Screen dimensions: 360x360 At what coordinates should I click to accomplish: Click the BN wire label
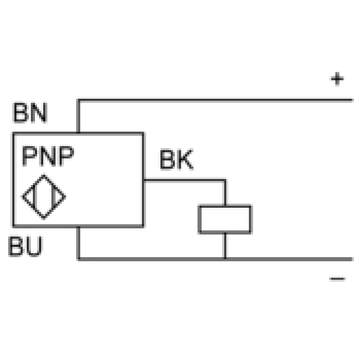pos(30,113)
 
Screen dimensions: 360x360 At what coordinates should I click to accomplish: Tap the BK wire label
pos(176,159)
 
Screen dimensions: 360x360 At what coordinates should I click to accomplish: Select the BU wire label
pos(26,246)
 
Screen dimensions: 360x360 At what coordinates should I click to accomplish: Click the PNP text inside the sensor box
pos(48,156)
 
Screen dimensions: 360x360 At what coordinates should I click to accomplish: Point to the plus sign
pos(337,79)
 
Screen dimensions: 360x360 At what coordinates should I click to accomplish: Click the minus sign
pos(337,279)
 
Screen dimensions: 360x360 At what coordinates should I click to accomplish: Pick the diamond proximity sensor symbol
pos(44,197)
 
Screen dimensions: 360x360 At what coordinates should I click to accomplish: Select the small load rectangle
pos(225,219)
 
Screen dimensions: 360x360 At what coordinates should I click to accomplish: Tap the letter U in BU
pos(34,246)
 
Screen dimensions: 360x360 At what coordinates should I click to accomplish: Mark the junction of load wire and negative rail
pos(225,259)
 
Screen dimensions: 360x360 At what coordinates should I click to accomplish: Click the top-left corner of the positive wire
pos(78,100)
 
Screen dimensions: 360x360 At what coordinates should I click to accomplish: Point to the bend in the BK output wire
pos(225,181)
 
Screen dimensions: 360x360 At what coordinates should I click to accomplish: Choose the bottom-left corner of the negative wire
pos(78,259)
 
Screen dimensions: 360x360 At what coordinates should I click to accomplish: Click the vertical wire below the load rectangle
pos(225,245)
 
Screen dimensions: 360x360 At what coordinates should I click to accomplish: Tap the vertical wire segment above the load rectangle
pos(225,193)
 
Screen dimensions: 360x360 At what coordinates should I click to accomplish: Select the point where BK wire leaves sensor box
pos(144,181)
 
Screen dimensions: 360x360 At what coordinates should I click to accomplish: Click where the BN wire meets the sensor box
pos(78,133)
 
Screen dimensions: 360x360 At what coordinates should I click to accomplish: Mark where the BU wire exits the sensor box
pos(78,227)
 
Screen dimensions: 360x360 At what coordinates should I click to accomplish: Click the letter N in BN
pos(39,113)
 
